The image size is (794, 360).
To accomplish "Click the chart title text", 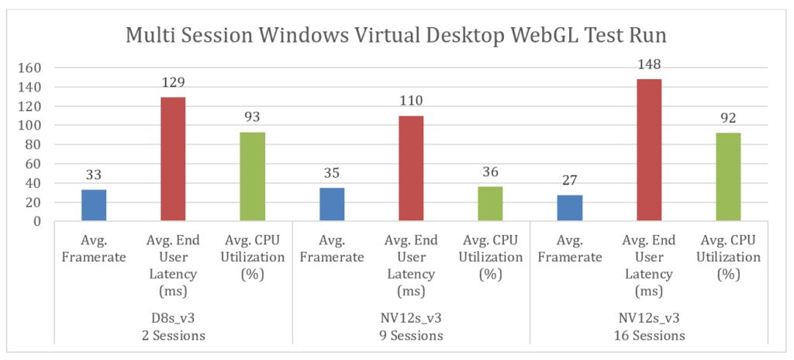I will (x=397, y=36).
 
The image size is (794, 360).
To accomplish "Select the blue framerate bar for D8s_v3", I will (x=94, y=206).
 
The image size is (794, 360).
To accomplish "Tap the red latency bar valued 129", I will (x=173, y=159).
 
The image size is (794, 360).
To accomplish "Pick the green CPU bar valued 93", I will (x=252, y=177).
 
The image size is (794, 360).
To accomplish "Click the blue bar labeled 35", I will (x=332, y=205).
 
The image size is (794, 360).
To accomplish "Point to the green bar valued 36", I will (x=490, y=204).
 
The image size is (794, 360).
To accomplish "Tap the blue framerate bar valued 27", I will (x=570, y=208).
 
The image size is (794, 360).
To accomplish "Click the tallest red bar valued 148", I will (x=649, y=151).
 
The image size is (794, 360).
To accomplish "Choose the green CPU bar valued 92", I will (x=728, y=177).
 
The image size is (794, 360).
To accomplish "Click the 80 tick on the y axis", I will (x=33, y=145).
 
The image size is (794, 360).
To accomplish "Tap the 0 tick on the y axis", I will (x=36, y=221).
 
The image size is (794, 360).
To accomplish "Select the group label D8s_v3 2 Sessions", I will (x=173, y=328).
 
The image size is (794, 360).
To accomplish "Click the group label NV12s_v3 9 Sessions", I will (x=411, y=328).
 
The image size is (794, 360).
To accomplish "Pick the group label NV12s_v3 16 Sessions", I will (x=649, y=328).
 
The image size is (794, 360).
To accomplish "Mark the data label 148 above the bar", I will (x=649, y=64).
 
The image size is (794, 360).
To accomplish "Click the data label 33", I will (x=94, y=174).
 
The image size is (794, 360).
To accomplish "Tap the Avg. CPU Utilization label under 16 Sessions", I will (x=728, y=257).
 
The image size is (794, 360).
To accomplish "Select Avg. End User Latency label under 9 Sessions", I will (x=411, y=265).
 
